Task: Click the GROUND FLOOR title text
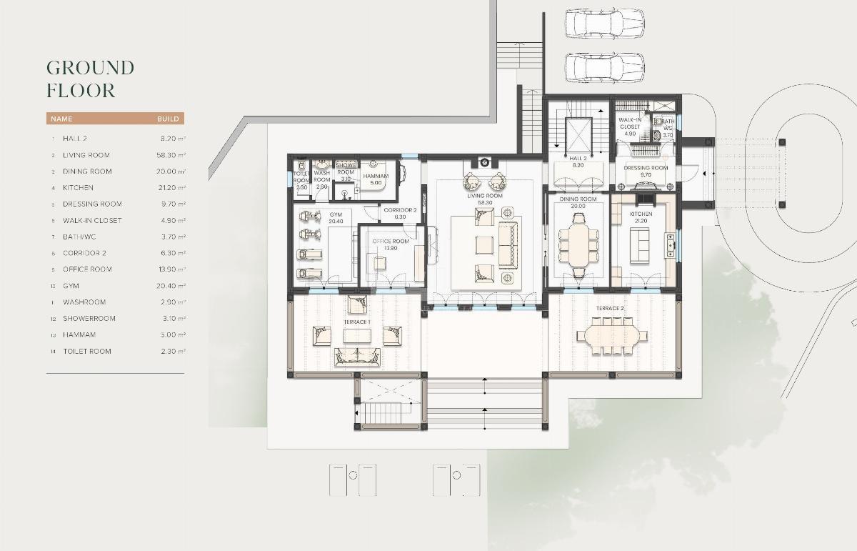coord(90,79)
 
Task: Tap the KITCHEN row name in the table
coord(78,188)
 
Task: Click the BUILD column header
coord(168,119)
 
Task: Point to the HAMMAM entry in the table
coord(79,335)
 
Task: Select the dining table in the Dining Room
coord(577,242)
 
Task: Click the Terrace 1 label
coord(356,322)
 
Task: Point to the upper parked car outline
coord(604,23)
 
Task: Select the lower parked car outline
coord(604,69)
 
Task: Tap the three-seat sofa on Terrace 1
coord(358,357)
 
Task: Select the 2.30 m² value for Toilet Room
coord(173,352)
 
